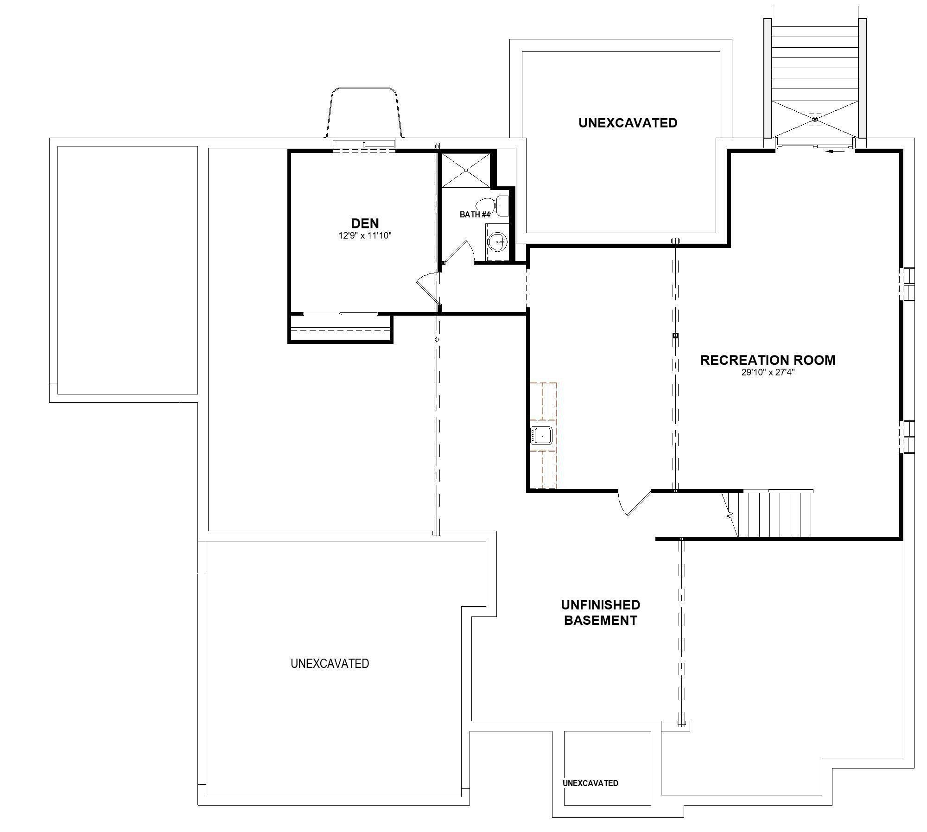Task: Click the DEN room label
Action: click(x=365, y=223)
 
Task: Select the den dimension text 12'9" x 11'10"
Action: click(x=365, y=235)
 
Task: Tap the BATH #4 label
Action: click(x=475, y=215)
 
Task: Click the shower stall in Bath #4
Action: click(x=465, y=170)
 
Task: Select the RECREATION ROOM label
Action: click(x=768, y=360)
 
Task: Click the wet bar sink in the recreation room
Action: click(x=541, y=436)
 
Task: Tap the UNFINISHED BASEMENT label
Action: click(x=600, y=612)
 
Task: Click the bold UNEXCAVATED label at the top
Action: click(x=628, y=123)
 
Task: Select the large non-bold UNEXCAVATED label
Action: click(x=330, y=664)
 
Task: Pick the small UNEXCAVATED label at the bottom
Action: click(x=590, y=783)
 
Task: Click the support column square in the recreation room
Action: click(x=675, y=335)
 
